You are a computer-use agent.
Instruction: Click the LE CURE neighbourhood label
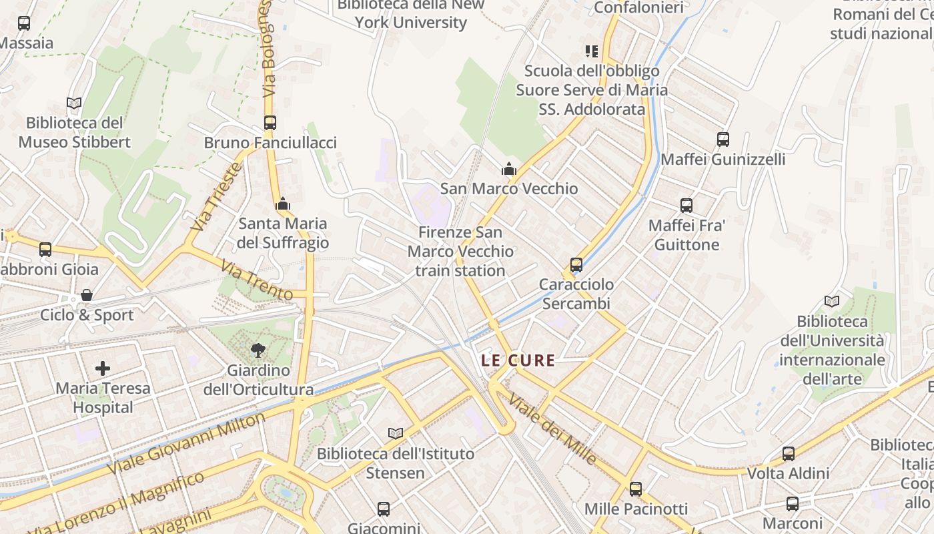pyautogui.click(x=518, y=361)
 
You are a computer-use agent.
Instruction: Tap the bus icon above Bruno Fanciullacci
pyautogui.click(x=270, y=123)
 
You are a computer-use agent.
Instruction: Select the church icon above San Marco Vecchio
pyautogui.click(x=509, y=169)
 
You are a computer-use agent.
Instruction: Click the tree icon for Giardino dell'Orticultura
pyautogui.click(x=258, y=350)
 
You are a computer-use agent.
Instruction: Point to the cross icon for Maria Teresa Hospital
pyautogui.click(x=103, y=368)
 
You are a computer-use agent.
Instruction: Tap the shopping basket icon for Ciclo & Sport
pyautogui.click(x=87, y=295)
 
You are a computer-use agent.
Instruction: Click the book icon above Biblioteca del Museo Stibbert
pyautogui.click(x=74, y=103)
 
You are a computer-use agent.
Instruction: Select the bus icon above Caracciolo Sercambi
pyautogui.click(x=576, y=265)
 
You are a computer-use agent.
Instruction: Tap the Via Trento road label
pyautogui.click(x=257, y=281)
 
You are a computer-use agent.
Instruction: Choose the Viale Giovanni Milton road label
pyautogui.click(x=186, y=443)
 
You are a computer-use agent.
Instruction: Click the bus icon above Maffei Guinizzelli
pyautogui.click(x=723, y=140)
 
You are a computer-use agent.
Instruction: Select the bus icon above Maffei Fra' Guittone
pyautogui.click(x=686, y=206)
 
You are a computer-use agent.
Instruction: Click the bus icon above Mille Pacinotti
pyautogui.click(x=636, y=489)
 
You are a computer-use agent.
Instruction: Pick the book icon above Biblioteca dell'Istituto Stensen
pyautogui.click(x=396, y=434)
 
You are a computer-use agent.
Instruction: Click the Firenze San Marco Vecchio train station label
pyautogui.click(x=460, y=252)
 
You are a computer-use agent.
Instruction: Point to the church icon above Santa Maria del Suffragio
pyautogui.click(x=283, y=204)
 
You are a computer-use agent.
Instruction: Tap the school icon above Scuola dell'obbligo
pyautogui.click(x=591, y=51)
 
